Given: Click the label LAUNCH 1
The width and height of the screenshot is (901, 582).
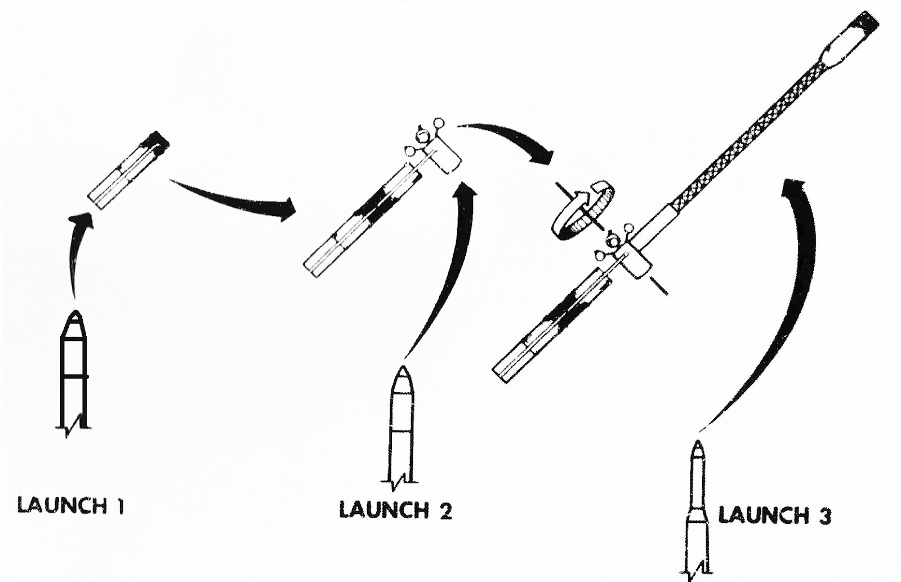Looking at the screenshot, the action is coord(70,505).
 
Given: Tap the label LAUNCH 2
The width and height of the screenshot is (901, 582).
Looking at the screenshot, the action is coord(395,510).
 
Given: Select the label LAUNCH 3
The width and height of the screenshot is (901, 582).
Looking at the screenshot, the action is coord(774,516).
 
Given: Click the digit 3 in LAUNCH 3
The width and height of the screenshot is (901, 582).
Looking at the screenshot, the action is coord(824,516).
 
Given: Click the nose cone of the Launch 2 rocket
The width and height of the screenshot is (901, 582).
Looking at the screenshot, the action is coord(403,380).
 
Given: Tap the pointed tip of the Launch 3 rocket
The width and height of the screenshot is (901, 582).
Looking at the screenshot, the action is coord(698,445).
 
